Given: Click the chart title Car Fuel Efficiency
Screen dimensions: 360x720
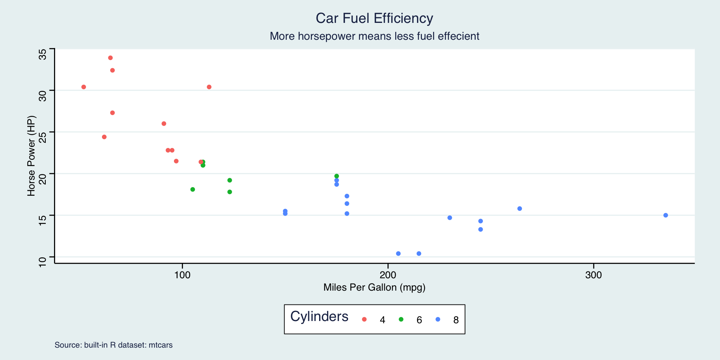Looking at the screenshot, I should tap(374, 18).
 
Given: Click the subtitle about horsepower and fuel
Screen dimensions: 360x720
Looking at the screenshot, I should tap(374, 36).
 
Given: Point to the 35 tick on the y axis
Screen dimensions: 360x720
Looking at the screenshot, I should tap(43, 54).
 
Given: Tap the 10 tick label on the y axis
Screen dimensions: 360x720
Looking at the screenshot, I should tap(43, 261).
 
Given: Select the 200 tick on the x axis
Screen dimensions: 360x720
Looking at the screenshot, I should tap(388, 275).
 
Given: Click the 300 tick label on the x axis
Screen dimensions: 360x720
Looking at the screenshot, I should tap(593, 275).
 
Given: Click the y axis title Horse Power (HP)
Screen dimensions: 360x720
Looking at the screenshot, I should tap(31, 156).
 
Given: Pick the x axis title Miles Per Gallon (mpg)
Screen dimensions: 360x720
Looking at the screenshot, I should tap(374, 287).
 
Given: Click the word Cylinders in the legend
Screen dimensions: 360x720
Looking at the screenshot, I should tap(319, 316).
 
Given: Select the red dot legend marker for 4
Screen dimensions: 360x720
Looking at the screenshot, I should tap(364, 319).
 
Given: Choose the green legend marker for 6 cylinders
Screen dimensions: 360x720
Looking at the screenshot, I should tap(401, 319).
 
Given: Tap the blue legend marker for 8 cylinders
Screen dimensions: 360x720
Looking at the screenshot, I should tap(438, 319).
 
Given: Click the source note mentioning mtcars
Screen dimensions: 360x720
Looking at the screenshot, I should tap(114, 345).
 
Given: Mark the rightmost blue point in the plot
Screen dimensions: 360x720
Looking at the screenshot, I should tap(666, 215).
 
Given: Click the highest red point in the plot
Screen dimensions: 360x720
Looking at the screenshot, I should tap(110, 58).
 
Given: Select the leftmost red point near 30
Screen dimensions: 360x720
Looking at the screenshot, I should tap(84, 87).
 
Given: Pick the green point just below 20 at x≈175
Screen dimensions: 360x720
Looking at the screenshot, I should tap(336, 176).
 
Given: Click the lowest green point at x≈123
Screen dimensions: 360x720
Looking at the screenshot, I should tap(229, 192).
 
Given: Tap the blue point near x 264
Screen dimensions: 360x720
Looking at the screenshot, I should tap(519, 208).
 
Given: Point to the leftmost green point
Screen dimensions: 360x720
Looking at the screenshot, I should tap(192, 189).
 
